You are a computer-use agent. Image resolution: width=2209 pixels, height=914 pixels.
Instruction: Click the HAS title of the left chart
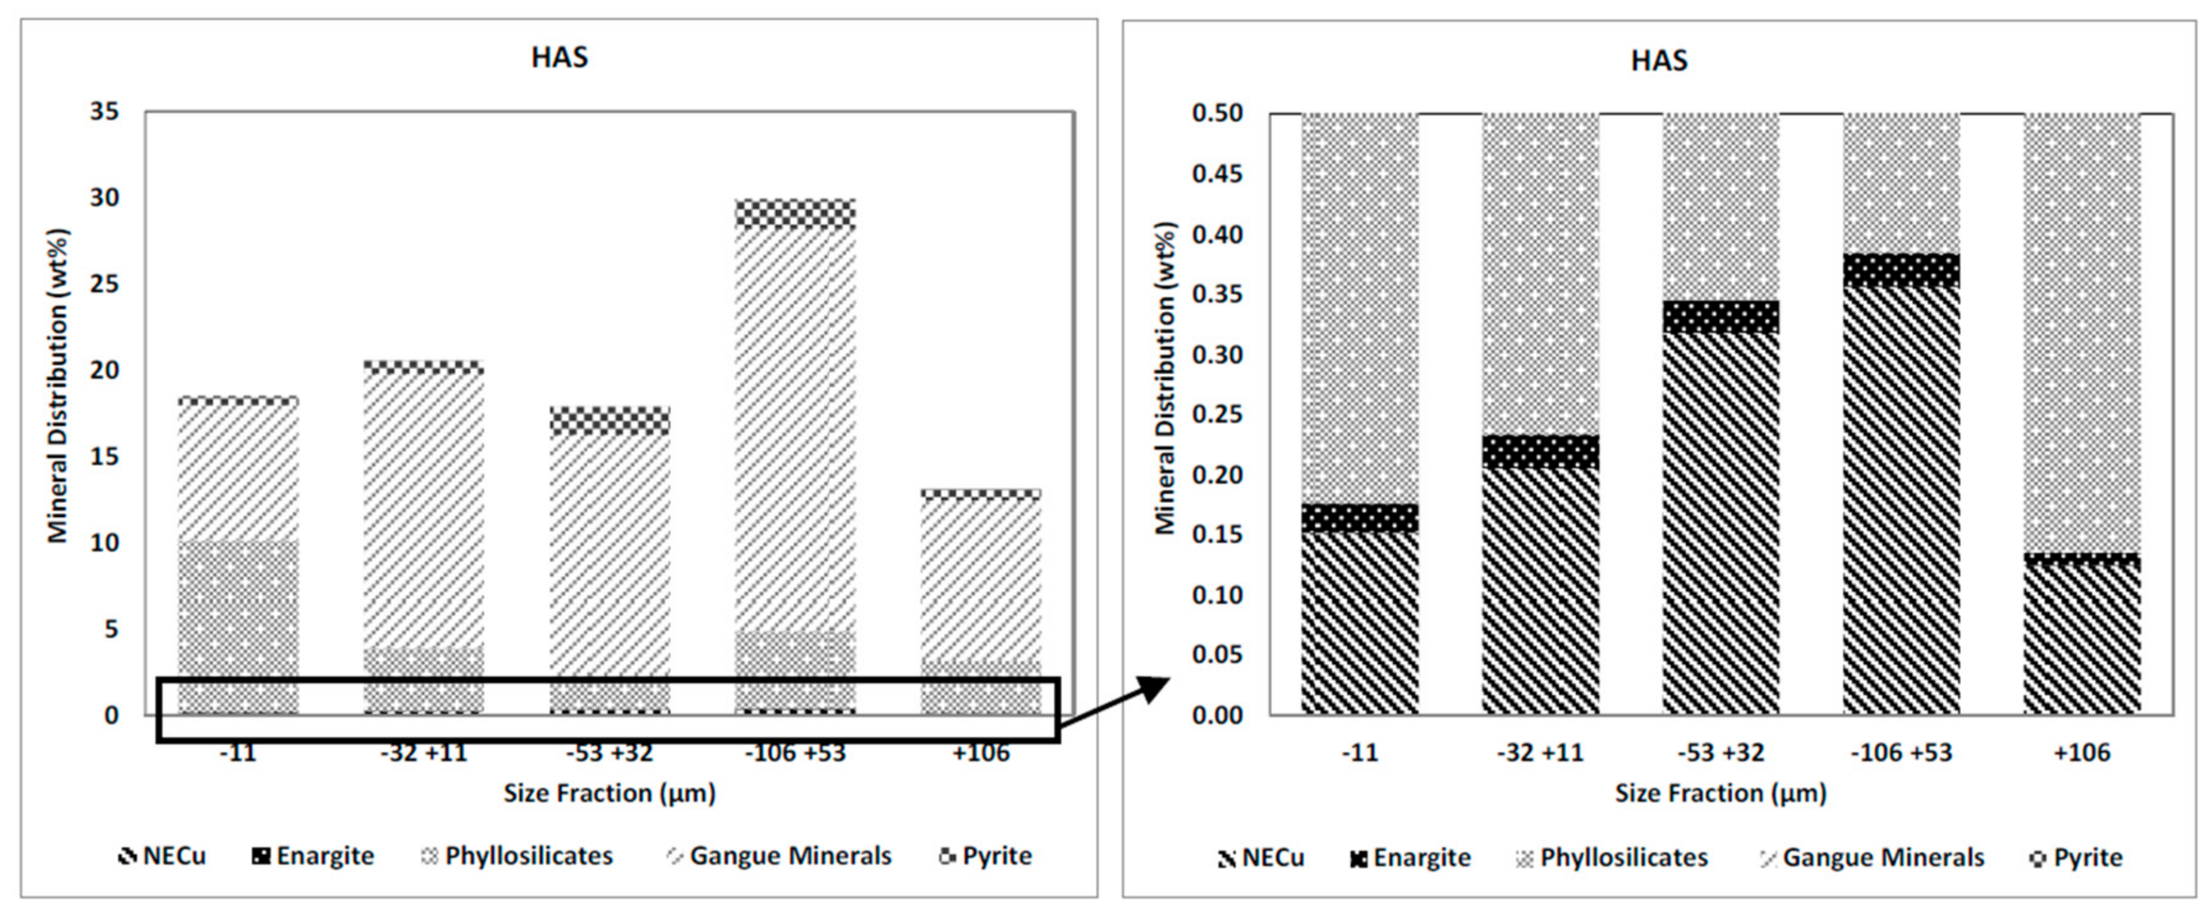(559, 57)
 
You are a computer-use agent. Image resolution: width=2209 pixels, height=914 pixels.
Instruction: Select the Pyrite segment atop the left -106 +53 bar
(795, 213)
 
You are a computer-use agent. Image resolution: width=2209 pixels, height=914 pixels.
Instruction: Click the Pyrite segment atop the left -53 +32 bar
(610, 421)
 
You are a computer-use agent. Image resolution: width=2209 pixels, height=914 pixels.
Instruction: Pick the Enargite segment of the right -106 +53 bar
(1901, 270)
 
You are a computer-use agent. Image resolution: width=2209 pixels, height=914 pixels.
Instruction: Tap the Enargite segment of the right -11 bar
(1359, 518)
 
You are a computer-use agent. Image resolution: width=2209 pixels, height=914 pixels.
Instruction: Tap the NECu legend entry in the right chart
(1261, 857)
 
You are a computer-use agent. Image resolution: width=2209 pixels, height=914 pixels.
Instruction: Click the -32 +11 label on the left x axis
(423, 753)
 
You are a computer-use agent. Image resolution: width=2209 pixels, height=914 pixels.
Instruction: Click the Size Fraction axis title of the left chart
(609, 793)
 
